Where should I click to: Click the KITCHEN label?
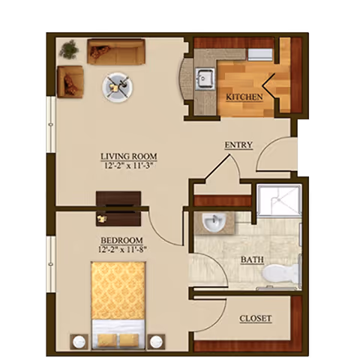244,97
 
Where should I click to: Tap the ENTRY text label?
238,145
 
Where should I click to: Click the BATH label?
252,259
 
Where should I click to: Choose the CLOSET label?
256,319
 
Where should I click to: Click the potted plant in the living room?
70,50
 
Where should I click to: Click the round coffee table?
118,85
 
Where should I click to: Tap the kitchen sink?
203,77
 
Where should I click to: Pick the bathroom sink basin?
214,222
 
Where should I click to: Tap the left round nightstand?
77,343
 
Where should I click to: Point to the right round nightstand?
157,343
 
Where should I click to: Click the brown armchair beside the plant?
70,81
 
